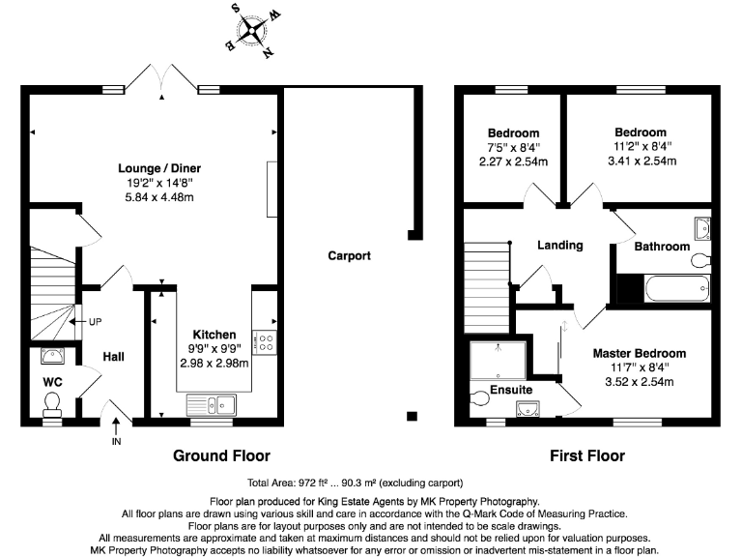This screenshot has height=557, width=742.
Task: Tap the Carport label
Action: tap(349, 256)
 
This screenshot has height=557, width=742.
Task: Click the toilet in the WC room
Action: tap(52, 401)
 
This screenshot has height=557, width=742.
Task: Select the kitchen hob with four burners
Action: tap(264, 340)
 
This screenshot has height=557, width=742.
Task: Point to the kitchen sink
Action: tap(215, 404)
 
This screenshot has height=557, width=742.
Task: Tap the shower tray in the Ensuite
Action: tap(499, 362)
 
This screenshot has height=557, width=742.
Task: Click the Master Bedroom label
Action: tap(639, 354)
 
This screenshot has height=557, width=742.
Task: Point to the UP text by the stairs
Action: tap(95, 322)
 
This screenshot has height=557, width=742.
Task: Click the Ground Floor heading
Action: tap(221, 455)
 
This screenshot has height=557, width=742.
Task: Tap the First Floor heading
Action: tap(586, 455)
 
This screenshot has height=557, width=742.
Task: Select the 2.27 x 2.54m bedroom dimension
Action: tap(513, 161)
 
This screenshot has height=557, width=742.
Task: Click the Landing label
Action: tap(560, 246)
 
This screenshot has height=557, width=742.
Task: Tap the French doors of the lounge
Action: tap(161, 78)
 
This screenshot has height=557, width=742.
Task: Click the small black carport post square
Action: tap(413, 416)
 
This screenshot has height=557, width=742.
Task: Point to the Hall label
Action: tap(113, 357)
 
